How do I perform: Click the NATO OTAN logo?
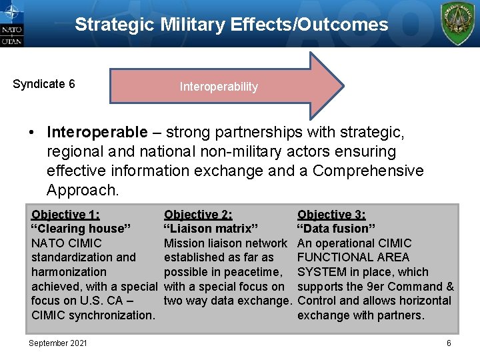pos(12,24)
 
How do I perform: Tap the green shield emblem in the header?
pos(459,23)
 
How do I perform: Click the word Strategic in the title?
pos(114,25)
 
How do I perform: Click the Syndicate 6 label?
pos(44,84)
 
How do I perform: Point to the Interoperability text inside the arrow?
pos(219,87)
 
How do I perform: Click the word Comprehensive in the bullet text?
pos(368,171)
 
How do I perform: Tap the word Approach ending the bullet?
pos(81,190)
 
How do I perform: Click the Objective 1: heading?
pos(65,215)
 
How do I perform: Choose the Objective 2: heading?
pos(198,215)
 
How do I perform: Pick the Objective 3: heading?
pos(331,215)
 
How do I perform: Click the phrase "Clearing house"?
pos(81,229)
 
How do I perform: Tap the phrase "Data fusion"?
pos(337,229)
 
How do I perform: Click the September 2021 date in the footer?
pos(57,343)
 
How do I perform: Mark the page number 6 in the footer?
pos(449,343)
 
